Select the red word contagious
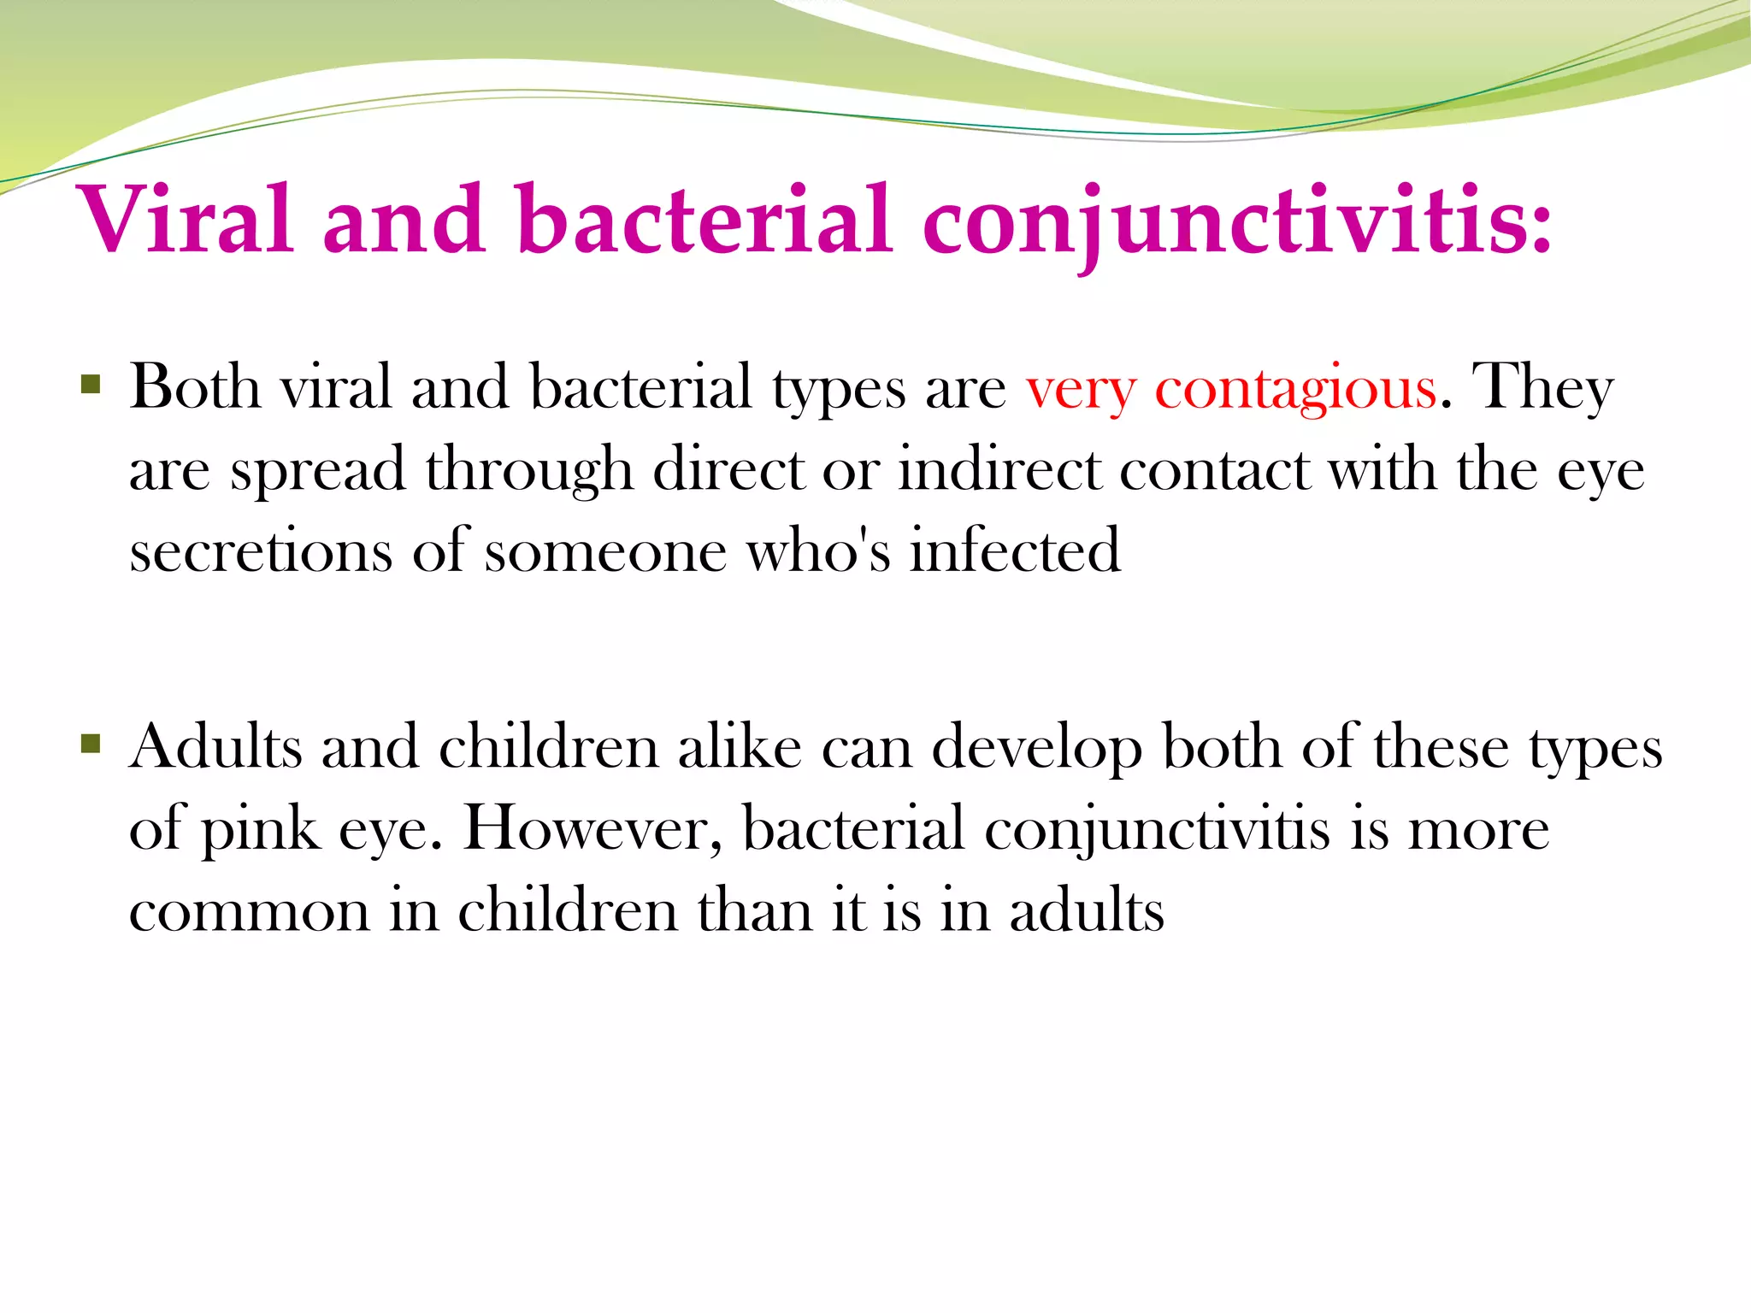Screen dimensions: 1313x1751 [1295, 389]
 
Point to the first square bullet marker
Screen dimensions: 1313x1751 [91, 384]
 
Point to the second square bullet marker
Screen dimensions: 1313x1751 [91, 744]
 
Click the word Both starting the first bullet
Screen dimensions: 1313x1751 [195, 386]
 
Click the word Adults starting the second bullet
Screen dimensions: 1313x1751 [215, 746]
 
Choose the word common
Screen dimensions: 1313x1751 [249, 912]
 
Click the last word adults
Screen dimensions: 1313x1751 [1086, 910]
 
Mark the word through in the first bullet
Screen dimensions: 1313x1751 [529, 471]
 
